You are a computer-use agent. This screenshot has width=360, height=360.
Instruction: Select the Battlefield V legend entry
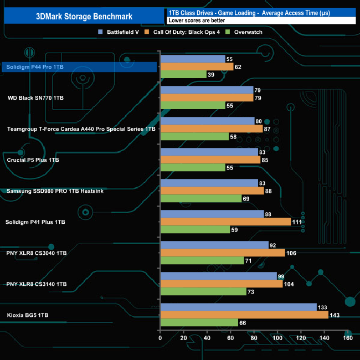[x=122, y=32]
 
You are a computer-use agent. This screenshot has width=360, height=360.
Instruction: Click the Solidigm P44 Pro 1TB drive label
[x=34, y=67]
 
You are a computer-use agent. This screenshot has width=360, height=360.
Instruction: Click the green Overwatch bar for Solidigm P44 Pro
[x=183, y=75]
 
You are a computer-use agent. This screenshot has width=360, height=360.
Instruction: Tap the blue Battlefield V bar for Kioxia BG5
[x=238, y=307]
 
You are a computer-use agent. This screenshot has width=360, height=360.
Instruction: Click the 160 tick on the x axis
[x=347, y=338]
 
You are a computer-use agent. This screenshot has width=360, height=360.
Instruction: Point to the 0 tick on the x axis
[x=160, y=338]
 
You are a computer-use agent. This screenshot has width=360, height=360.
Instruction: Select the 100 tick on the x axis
[x=277, y=338]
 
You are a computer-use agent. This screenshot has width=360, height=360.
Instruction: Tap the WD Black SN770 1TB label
[x=35, y=98]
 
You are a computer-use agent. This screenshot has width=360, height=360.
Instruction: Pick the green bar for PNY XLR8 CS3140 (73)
[x=203, y=292]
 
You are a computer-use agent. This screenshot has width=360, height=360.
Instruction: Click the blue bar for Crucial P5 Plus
[x=209, y=152]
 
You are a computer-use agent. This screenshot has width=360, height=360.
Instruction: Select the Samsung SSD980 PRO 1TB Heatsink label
[x=55, y=191]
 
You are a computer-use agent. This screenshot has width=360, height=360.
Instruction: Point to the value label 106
[x=292, y=253]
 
